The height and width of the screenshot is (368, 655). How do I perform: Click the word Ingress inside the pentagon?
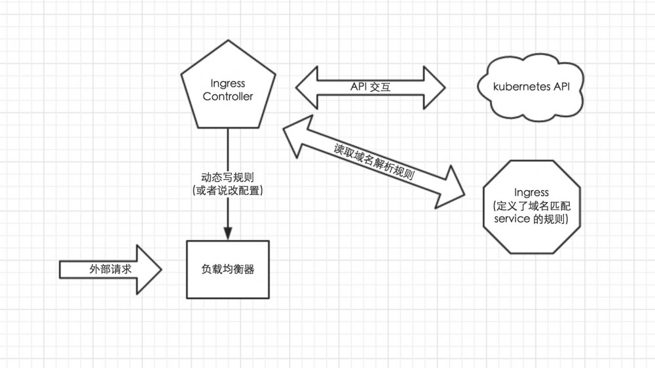tap(227, 84)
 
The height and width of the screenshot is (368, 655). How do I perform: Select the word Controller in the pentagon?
tap(227, 97)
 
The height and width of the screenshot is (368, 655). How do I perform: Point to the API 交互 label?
tap(371, 87)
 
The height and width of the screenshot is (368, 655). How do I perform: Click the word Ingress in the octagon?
tap(531, 192)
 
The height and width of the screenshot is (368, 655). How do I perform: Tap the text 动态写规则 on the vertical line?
tap(227, 177)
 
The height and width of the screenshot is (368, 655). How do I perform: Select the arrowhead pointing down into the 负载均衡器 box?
tap(227, 233)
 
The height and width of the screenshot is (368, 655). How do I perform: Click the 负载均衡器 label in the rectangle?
tap(227, 269)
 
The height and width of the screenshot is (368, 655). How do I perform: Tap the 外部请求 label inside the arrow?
tap(104, 269)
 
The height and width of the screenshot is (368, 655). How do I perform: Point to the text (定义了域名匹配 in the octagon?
tap(531, 206)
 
